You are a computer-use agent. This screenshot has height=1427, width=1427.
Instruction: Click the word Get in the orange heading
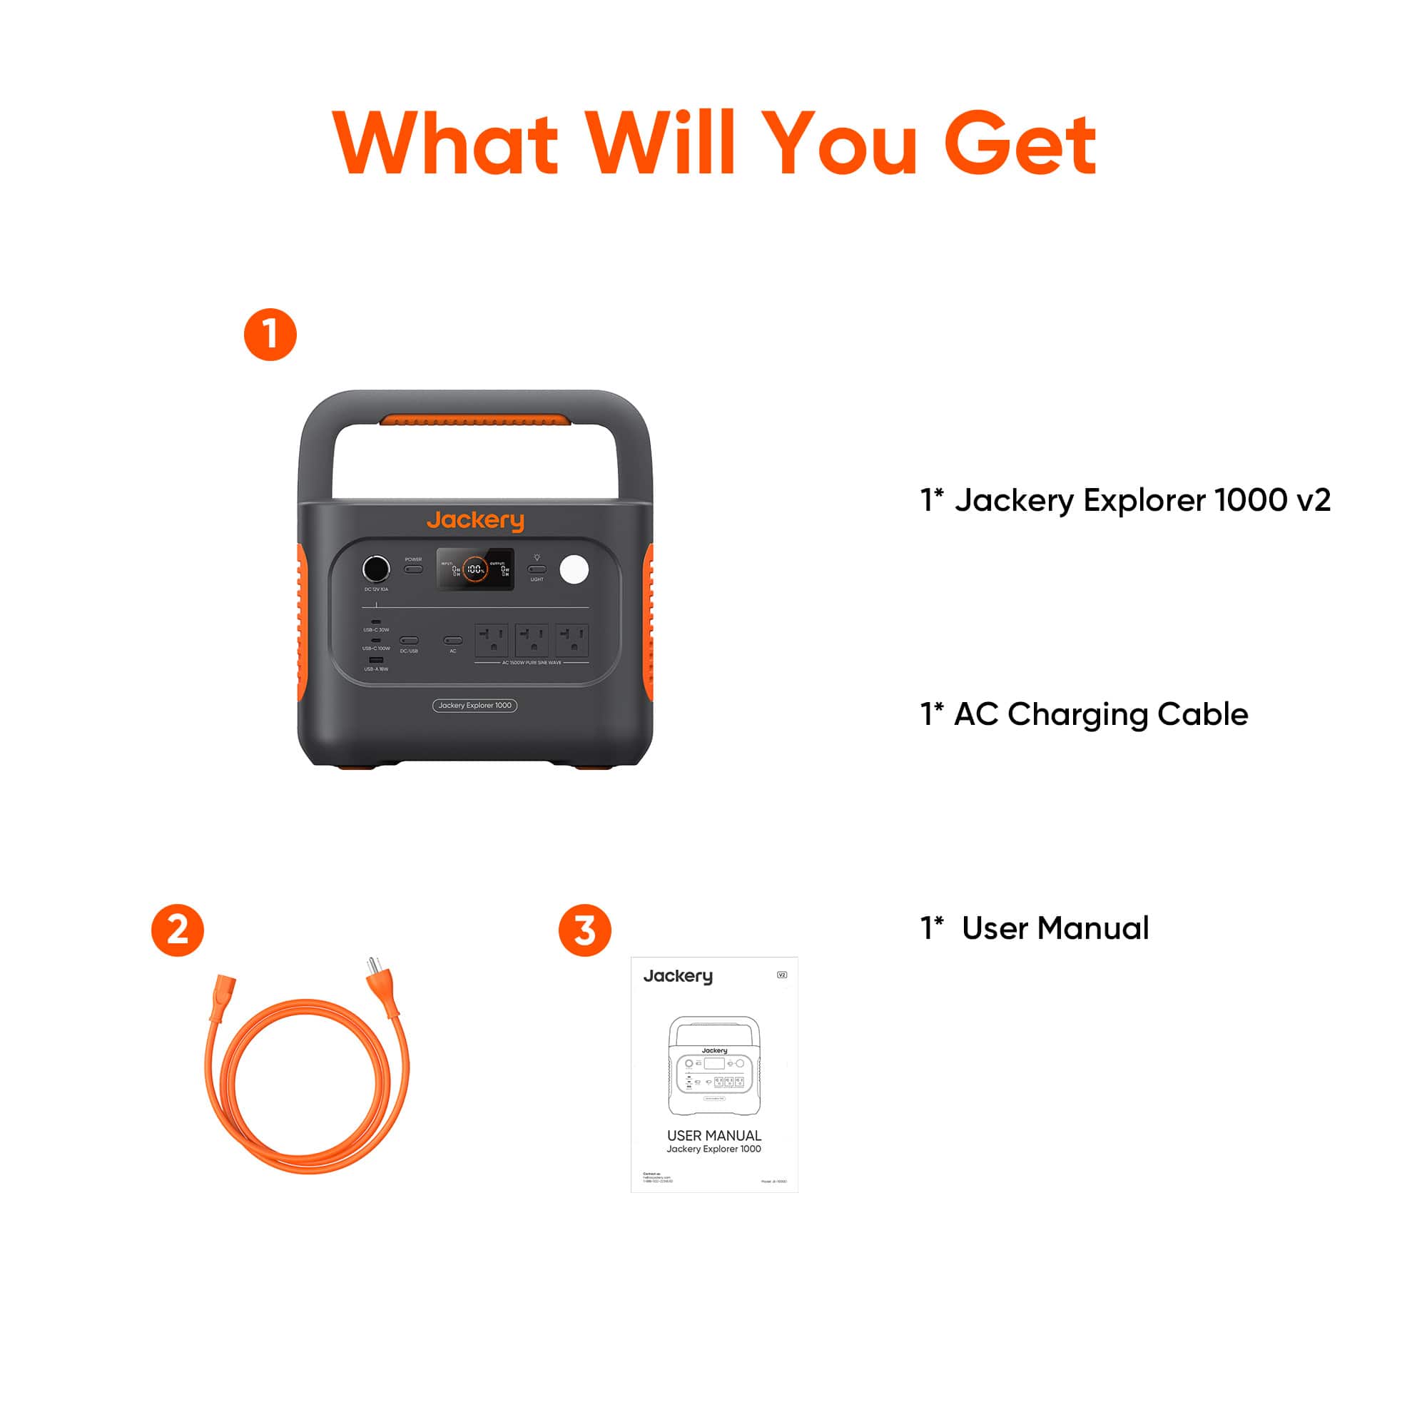pos(1020,144)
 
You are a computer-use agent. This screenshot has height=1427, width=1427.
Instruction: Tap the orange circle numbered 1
pos(270,335)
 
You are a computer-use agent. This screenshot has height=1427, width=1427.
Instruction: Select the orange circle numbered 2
pos(177,930)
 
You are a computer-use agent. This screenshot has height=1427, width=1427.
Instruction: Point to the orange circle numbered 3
pos(584,930)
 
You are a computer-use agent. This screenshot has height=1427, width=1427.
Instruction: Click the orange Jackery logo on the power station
pos(475,520)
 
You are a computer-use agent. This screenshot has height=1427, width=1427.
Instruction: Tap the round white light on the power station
pos(574,569)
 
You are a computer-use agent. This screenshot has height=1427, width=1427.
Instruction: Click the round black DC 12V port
pos(376,569)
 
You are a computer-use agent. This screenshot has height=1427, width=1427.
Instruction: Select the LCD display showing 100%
pos(475,569)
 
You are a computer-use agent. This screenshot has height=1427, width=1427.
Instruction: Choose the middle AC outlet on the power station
pos(532,639)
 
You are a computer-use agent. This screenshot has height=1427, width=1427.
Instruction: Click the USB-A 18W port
pos(376,659)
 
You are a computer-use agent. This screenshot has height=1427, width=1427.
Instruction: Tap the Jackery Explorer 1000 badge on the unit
pos(475,706)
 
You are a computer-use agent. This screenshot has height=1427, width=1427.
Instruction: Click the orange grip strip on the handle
pos(475,420)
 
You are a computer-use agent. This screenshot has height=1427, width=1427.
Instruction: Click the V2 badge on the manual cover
pos(782,975)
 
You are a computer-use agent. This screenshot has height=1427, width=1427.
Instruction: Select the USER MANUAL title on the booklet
pos(713,1135)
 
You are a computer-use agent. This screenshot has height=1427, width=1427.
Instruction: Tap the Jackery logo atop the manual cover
pos(678,977)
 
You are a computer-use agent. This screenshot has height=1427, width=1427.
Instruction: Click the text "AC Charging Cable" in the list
pos(1100,714)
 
